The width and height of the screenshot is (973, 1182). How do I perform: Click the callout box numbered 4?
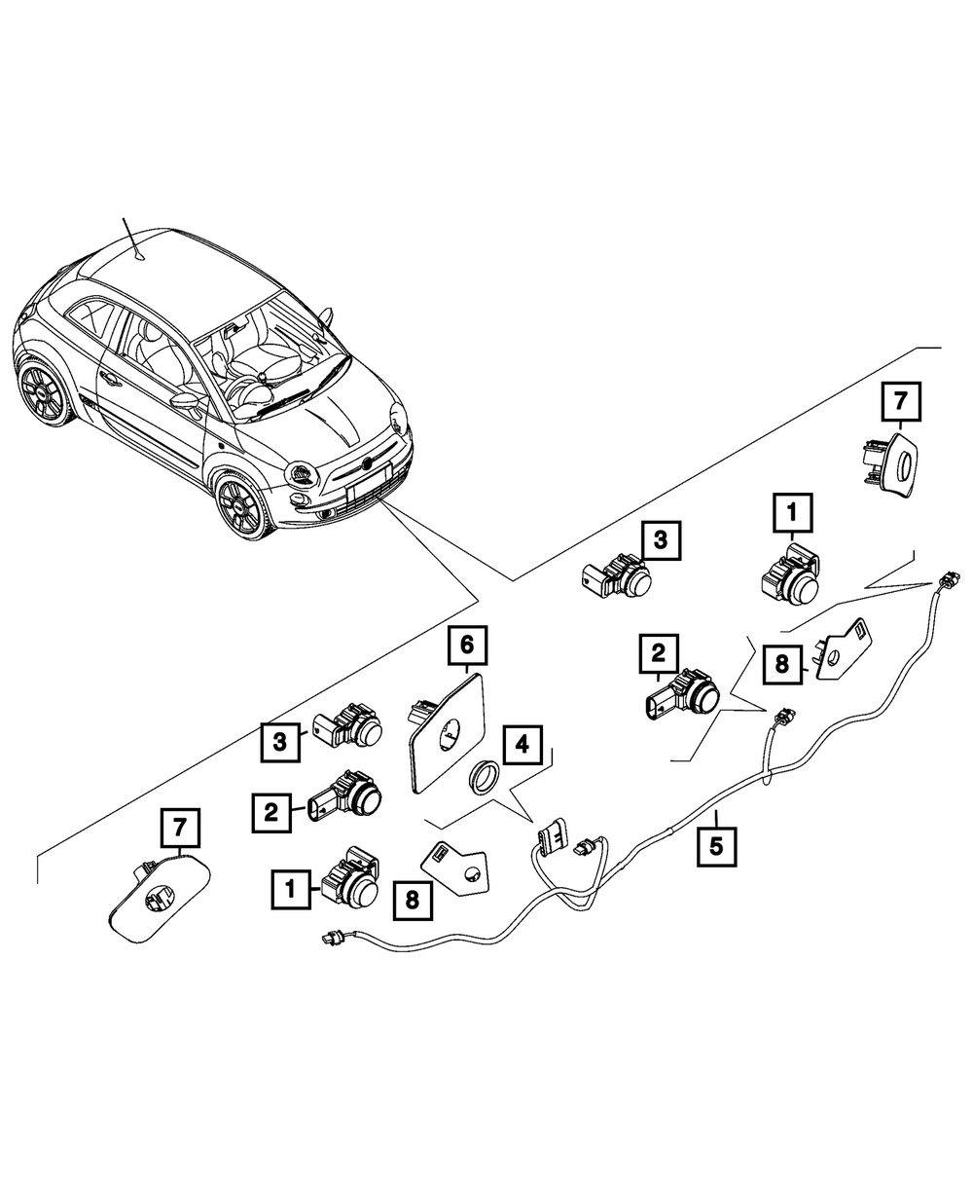pos(522,747)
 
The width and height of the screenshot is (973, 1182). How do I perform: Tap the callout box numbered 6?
pos(466,646)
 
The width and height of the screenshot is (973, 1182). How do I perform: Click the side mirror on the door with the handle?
pos(184,400)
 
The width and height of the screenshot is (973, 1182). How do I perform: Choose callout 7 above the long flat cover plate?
pos(180,829)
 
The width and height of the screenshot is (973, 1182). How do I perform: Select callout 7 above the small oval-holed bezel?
pos(900,402)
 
